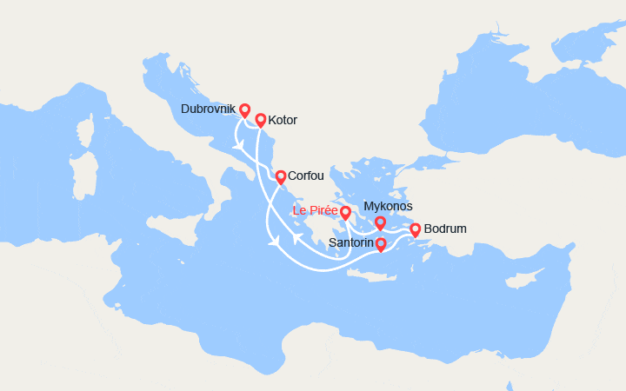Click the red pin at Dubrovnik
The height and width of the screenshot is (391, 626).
(x=245, y=110)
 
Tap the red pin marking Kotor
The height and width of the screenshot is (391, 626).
(x=260, y=120)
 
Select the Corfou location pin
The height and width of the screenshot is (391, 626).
(x=281, y=177)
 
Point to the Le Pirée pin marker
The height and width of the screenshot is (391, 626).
(x=345, y=213)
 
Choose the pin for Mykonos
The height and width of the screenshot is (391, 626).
(x=380, y=223)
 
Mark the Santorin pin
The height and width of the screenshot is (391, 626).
(x=381, y=244)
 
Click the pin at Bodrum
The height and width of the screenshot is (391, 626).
(x=415, y=229)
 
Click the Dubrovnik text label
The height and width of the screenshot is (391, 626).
(x=207, y=109)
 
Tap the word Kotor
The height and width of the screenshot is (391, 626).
(x=283, y=120)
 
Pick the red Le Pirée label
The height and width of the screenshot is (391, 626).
(x=315, y=210)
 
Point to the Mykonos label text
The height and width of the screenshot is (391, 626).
(x=388, y=206)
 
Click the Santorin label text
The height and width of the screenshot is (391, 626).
(x=351, y=244)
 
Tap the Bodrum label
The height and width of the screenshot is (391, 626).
(x=445, y=229)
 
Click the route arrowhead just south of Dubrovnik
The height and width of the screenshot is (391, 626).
(x=237, y=145)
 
